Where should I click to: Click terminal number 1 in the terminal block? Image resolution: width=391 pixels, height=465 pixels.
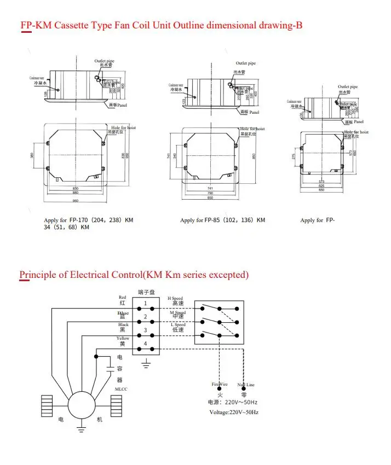click(145, 303)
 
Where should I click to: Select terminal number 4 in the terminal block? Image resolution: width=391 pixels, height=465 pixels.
click(145, 343)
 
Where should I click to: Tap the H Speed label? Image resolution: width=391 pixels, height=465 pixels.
click(175, 299)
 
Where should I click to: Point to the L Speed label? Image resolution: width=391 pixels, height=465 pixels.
click(176, 325)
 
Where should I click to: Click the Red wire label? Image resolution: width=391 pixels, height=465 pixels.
click(122, 298)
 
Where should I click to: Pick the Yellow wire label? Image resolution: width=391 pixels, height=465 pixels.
click(123, 339)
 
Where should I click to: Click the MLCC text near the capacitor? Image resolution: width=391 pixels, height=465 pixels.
click(121, 389)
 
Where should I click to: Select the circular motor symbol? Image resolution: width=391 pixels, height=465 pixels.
click(82, 406)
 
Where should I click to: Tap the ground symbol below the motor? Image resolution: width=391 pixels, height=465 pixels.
click(82, 431)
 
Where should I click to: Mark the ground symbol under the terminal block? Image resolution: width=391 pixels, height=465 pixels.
click(145, 363)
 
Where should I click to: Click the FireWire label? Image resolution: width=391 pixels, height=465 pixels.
click(220, 385)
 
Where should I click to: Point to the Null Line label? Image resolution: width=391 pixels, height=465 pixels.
click(245, 385)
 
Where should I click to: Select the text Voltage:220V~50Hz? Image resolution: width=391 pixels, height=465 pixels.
click(234, 412)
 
